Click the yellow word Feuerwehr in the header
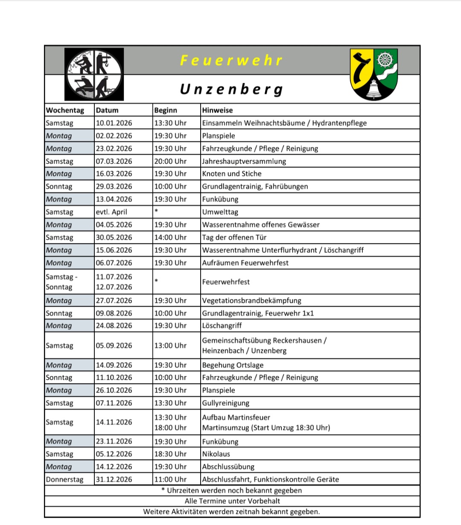231,60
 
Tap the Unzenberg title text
231,89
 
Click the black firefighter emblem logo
94,75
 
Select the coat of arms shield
374,74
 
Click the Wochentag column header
65,110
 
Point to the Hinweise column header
217,110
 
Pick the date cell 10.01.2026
114,123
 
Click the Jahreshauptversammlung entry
244,161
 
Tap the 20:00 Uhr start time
170,161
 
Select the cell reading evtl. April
111,212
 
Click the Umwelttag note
220,212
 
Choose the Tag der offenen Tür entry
234,238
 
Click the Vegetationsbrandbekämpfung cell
252,301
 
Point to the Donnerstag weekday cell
65,479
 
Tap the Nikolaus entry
216,454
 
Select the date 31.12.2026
114,479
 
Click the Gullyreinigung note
226,403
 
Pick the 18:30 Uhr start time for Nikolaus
170,454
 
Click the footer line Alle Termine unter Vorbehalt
232,501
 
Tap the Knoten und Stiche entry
232,174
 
